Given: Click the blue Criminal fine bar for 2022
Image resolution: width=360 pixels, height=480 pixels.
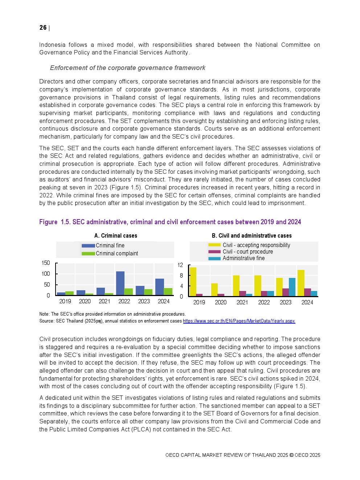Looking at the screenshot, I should coord(120,283).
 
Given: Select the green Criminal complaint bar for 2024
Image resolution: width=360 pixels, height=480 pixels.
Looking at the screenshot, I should coord(168,292).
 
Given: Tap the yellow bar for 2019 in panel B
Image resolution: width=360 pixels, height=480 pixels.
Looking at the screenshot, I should coord(193,282).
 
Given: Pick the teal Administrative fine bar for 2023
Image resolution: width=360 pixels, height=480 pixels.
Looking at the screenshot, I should coord(292,287).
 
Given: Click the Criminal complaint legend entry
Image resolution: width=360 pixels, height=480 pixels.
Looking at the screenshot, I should coord(117,254).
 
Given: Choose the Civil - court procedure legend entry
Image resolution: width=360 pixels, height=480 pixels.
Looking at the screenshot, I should coord(247,252).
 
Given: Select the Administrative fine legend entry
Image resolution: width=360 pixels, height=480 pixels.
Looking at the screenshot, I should coord(244,258).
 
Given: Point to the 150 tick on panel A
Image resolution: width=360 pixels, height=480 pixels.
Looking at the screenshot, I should coord(46,263).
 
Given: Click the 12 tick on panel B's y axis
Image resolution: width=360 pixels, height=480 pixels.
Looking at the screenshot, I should coord(180,265).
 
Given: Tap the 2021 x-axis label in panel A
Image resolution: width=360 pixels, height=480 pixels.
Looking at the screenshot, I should coord(105,301).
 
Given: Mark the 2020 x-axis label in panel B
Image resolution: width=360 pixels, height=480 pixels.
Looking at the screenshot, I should coord(221,303).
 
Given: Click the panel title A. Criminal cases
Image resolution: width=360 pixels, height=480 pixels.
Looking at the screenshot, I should coord(116,236).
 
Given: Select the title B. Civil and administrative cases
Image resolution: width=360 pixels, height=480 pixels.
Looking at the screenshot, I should coord(251,236).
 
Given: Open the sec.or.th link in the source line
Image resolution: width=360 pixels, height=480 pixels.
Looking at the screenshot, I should coord(239,321).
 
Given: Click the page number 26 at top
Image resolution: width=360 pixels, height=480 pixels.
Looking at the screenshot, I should coord(43,28).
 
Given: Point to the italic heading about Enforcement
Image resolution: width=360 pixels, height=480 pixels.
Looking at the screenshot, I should coord(127,68).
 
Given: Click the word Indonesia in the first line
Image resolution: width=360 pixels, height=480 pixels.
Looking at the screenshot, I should coord(52,45).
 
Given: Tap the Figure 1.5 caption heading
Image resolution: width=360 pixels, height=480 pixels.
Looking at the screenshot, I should coord(170,222).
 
